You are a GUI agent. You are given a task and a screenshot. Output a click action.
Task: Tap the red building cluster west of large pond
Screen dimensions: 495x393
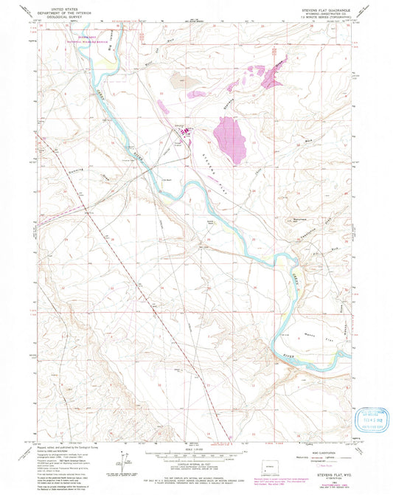187,132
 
